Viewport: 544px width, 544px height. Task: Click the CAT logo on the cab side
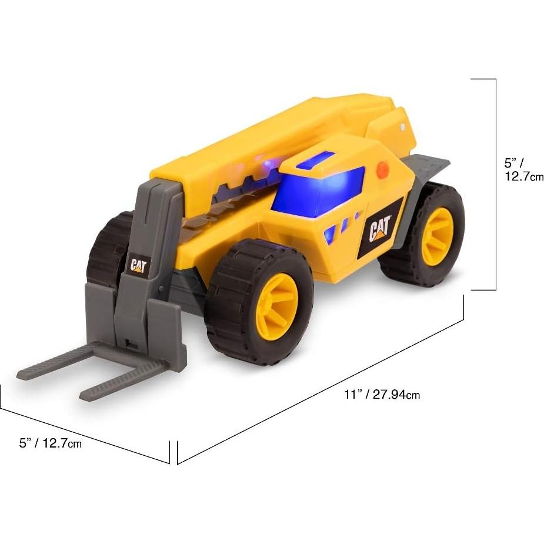click(x=381, y=229)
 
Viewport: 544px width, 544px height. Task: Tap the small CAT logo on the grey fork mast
click(x=138, y=266)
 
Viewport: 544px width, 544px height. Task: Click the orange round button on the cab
click(x=383, y=171)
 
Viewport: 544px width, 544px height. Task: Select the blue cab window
click(x=318, y=190)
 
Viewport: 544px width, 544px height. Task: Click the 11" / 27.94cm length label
click(x=382, y=395)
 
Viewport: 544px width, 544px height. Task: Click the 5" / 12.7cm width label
click(x=51, y=443)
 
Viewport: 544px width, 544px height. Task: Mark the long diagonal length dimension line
click(x=321, y=388)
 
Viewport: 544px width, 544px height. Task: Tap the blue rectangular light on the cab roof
click(x=315, y=160)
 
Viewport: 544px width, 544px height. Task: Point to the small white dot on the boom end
click(x=402, y=126)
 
